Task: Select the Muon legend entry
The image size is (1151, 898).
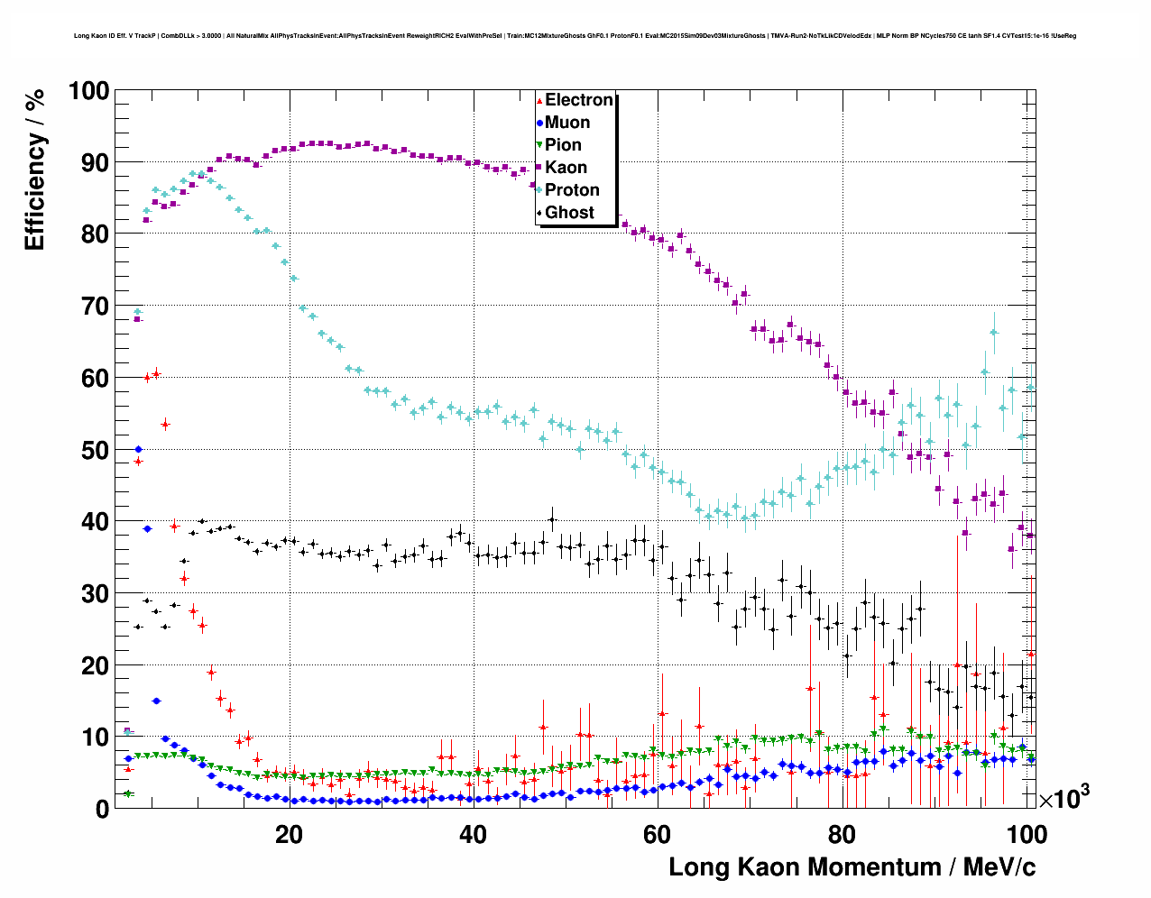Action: point(566,123)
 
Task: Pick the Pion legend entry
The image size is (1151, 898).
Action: point(563,145)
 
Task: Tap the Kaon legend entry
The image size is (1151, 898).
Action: point(566,168)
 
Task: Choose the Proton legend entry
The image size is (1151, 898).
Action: point(572,190)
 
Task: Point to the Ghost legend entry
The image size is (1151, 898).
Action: point(569,213)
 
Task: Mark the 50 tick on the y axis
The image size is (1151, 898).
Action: point(95,450)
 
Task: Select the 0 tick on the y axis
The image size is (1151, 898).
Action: point(102,809)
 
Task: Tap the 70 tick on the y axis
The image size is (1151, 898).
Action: point(95,307)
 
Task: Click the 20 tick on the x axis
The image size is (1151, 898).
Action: point(289,834)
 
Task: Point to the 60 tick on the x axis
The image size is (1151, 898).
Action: point(658,834)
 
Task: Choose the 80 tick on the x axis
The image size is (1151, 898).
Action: point(842,834)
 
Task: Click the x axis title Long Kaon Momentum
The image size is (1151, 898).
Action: point(852,867)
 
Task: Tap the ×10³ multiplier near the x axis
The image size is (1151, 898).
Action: point(1064,798)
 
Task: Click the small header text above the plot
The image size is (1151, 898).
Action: point(575,36)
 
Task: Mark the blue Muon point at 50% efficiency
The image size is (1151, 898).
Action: point(138,449)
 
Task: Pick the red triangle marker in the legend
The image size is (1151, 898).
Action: point(539,100)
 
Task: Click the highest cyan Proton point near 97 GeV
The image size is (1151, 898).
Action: point(993,332)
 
